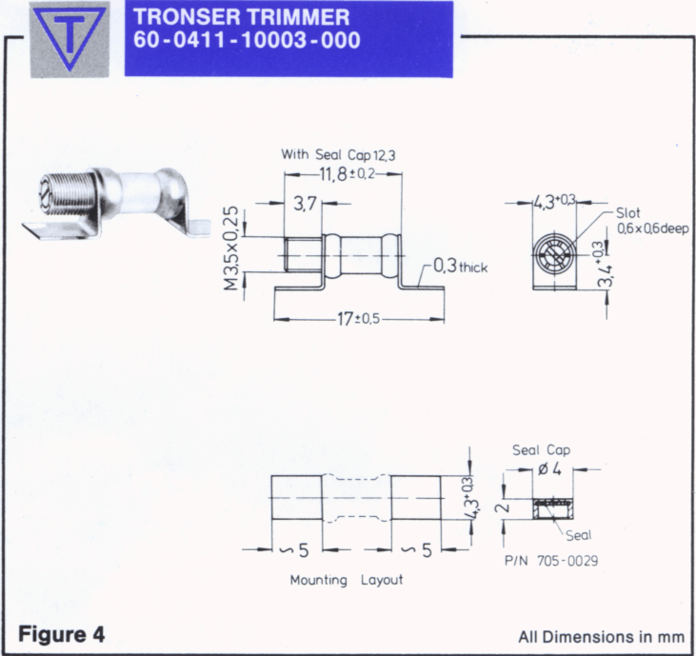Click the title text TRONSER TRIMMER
click(x=242, y=16)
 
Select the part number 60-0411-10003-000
click(x=247, y=40)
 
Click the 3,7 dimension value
click(x=305, y=204)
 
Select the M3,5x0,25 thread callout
click(x=230, y=248)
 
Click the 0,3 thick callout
click(x=460, y=267)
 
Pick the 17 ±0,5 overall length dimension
click(x=359, y=319)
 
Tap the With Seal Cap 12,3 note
click(x=338, y=154)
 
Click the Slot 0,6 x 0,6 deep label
click(x=652, y=221)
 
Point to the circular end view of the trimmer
click(x=554, y=256)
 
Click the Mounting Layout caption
click(x=347, y=580)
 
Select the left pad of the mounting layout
click(x=296, y=497)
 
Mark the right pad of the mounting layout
click(x=416, y=497)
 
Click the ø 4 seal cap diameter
click(x=549, y=469)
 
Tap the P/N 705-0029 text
click(x=551, y=561)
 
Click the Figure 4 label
click(x=62, y=634)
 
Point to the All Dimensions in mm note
click(x=602, y=637)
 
